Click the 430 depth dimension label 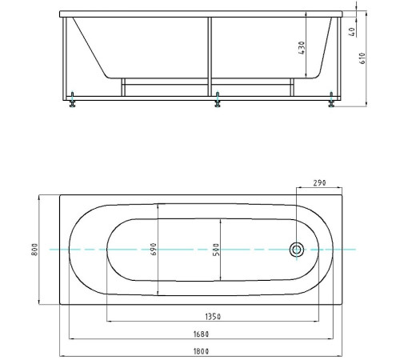[x=302, y=48]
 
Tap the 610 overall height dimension [x=362, y=58]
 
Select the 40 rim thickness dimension [x=352, y=32]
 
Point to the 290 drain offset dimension [x=319, y=183]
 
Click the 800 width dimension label [x=34, y=250]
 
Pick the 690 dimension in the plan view [x=154, y=249]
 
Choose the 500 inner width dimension [x=216, y=250]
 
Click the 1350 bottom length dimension [x=213, y=317]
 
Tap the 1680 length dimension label [x=201, y=334]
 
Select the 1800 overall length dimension [x=201, y=351]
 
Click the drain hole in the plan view [x=297, y=250]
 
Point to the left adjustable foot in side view [x=72, y=99]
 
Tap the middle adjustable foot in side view [x=218, y=99]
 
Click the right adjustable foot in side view [x=331, y=99]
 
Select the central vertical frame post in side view [x=210, y=57]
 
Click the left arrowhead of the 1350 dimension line [x=109, y=322]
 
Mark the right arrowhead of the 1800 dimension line [x=340, y=356]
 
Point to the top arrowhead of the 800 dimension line [x=39, y=198]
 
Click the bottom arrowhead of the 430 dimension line [x=306, y=75]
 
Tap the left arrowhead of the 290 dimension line [x=299, y=187]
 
